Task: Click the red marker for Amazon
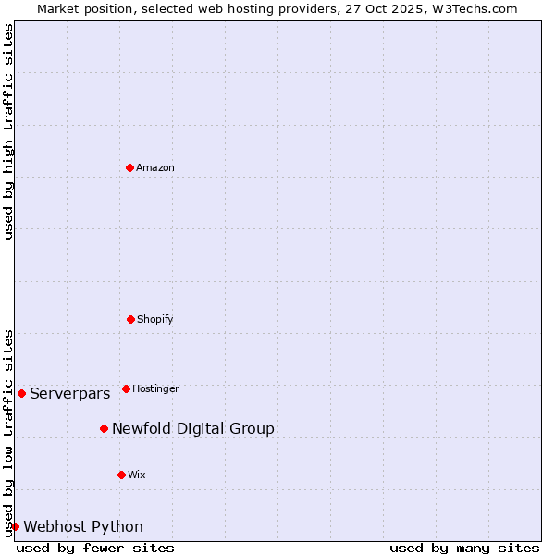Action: (x=129, y=167)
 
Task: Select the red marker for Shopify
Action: (x=130, y=319)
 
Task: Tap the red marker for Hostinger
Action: (x=126, y=388)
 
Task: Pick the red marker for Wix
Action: (x=121, y=475)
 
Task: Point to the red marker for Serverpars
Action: (x=21, y=393)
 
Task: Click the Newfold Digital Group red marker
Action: (x=104, y=428)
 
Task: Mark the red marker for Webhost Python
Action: (x=15, y=526)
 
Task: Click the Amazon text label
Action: (x=155, y=168)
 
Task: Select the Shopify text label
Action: (x=155, y=320)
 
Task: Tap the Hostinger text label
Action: (x=155, y=389)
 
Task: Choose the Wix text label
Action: (x=137, y=475)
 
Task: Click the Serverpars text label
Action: (x=69, y=394)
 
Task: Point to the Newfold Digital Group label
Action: (x=193, y=429)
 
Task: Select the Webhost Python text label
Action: (x=83, y=527)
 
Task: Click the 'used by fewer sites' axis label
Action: (x=95, y=548)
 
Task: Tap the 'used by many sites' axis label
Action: (x=464, y=548)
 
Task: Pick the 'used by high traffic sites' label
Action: (x=8, y=131)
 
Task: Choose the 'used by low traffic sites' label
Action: (x=8, y=432)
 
